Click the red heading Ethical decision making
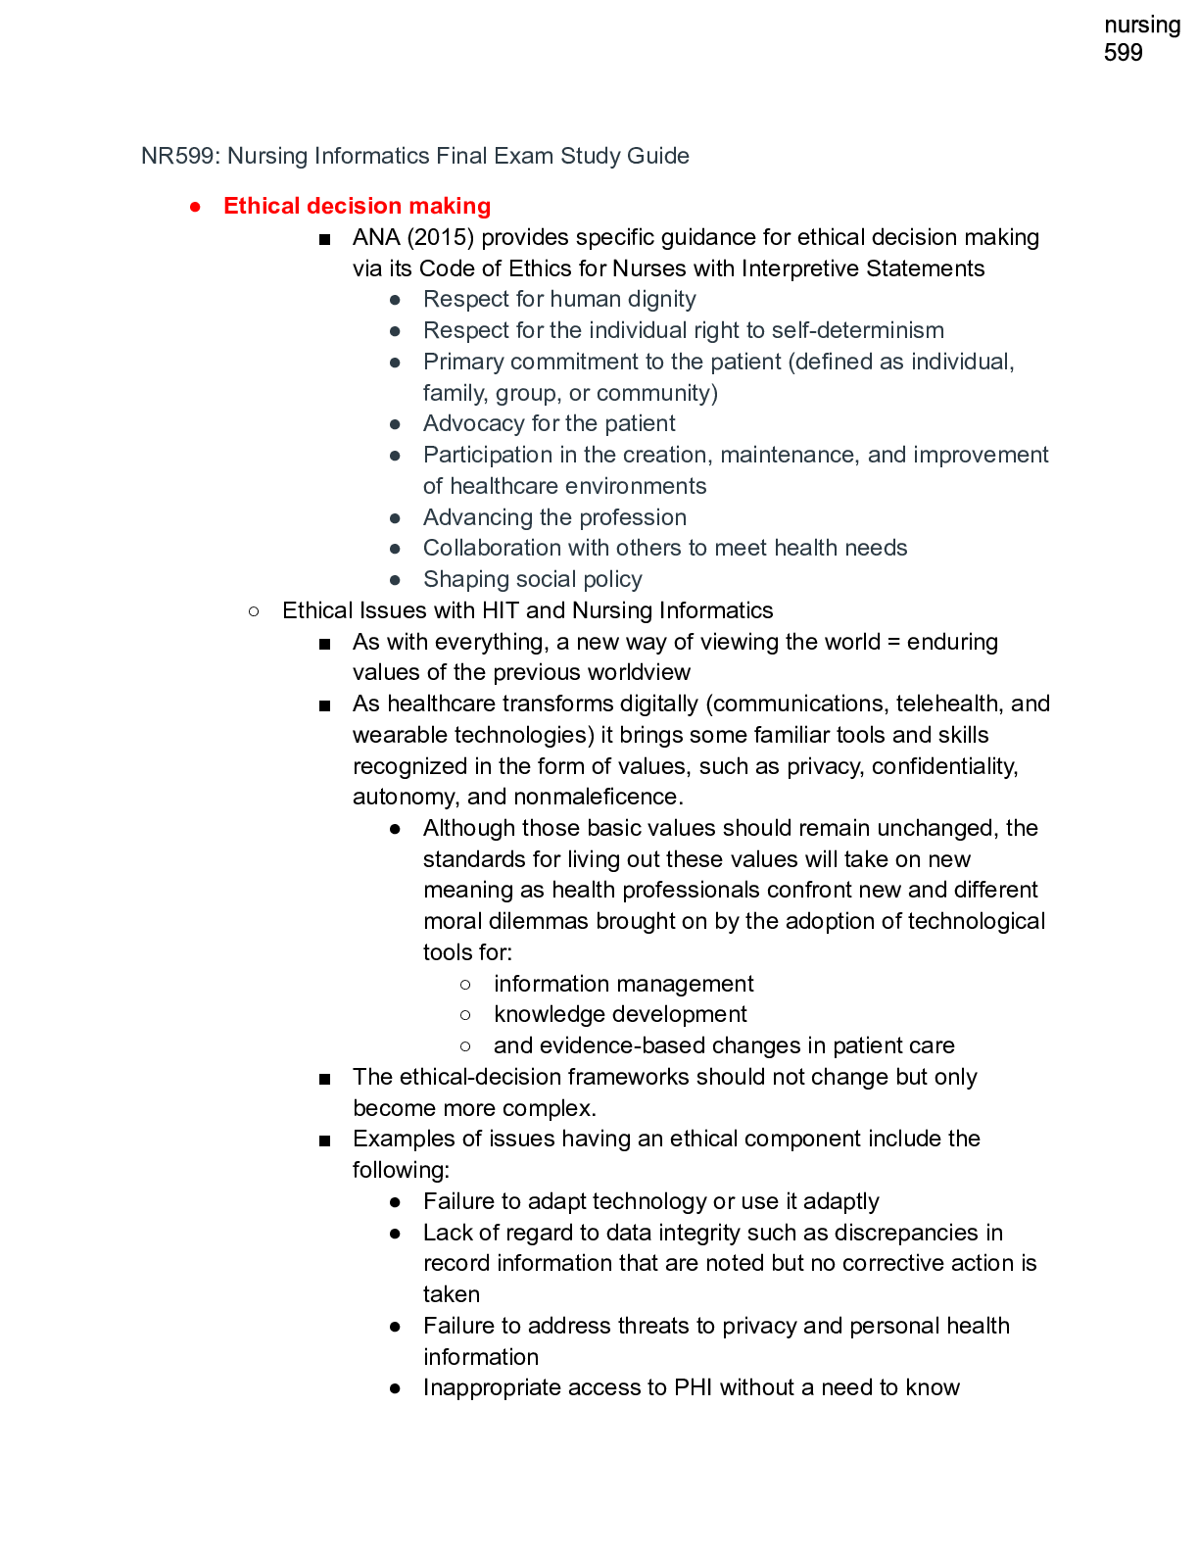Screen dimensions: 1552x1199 pos(357,206)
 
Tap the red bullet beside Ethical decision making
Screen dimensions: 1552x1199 pos(196,207)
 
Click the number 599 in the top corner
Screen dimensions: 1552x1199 pos(1123,53)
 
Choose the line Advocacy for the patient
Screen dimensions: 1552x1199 pos(549,423)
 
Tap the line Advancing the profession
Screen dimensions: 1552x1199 pos(554,517)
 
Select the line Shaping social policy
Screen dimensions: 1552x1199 pos(532,579)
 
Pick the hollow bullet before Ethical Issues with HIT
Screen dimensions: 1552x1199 pos(255,611)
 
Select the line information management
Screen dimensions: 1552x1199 pos(623,984)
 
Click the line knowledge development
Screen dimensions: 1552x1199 pos(619,1014)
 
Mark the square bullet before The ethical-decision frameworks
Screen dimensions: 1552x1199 pos(325,1079)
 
